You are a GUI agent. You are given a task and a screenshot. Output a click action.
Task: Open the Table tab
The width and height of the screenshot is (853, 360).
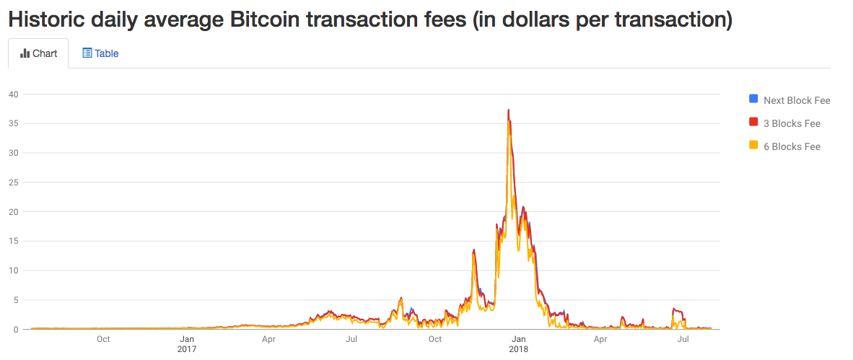100,53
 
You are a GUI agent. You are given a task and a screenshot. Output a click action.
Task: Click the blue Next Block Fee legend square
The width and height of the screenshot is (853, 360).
753,100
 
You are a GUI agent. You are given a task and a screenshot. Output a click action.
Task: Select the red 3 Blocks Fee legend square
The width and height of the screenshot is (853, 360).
753,123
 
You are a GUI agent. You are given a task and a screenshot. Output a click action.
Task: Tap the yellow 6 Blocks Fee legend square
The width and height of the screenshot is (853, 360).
753,146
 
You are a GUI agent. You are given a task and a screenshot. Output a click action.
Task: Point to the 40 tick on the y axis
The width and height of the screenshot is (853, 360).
13,94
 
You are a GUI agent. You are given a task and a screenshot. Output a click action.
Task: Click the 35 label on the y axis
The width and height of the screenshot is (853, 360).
13,123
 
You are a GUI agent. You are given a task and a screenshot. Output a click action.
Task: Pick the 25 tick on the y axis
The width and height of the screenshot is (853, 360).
13,182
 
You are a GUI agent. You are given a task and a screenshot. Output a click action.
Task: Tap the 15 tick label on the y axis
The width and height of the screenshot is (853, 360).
13,241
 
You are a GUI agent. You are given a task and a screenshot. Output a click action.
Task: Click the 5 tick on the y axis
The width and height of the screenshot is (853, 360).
15,300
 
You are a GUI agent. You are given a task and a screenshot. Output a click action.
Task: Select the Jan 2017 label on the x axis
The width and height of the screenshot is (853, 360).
186,344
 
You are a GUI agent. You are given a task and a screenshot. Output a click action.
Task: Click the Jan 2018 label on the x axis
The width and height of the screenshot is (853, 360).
518,344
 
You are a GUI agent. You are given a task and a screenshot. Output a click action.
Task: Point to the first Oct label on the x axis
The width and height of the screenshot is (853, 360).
103,339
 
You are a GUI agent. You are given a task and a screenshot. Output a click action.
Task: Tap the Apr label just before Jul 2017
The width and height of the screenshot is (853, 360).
268,339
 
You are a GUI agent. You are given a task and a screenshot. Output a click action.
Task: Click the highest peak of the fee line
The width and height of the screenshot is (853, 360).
509,110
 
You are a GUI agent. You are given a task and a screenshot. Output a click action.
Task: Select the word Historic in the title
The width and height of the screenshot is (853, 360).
44,19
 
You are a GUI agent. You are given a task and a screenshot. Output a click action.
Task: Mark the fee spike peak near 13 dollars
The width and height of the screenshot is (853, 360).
474,250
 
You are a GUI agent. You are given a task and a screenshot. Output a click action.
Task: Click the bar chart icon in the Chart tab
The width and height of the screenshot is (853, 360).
25,53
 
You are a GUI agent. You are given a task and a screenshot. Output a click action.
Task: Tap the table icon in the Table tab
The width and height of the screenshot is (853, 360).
87,53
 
